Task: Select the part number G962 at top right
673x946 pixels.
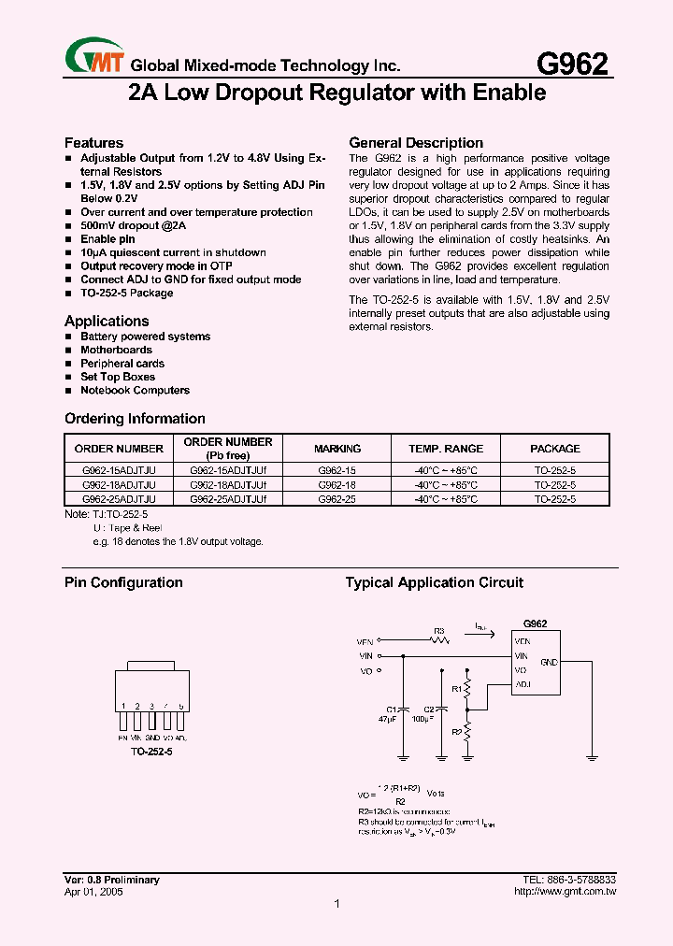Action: [572, 64]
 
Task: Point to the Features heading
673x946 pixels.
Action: [93, 143]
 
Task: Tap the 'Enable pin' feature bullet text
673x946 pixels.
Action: [107, 239]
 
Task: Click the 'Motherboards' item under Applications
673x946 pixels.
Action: [116, 350]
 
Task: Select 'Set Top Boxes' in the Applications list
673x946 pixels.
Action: [118, 377]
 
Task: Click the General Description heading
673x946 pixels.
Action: [416, 143]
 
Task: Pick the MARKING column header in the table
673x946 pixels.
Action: [337, 449]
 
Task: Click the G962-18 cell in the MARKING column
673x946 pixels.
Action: [337, 485]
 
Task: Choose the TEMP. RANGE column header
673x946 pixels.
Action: [446, 449]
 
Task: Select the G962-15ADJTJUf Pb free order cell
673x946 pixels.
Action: [228, 471]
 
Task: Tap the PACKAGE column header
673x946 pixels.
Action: [555, 449]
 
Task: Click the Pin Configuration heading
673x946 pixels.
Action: [123, 582]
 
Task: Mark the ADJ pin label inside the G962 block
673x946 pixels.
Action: [523, 684]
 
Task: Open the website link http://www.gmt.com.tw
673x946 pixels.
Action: [565, 892]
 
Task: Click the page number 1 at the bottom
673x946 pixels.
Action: [336, 904]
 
